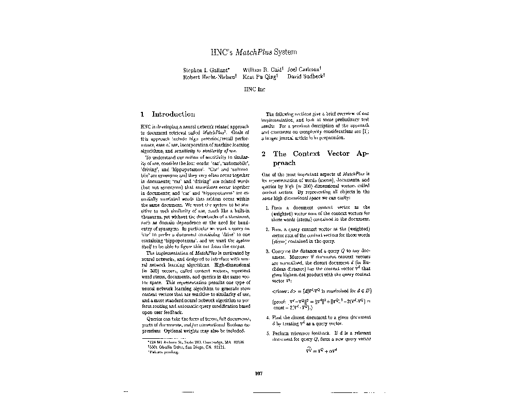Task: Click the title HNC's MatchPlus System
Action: point(254,52)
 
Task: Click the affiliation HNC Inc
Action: point(254,89)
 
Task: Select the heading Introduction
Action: point(173,114)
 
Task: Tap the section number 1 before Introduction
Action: point(142,114)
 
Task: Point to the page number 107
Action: point(259,373)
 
